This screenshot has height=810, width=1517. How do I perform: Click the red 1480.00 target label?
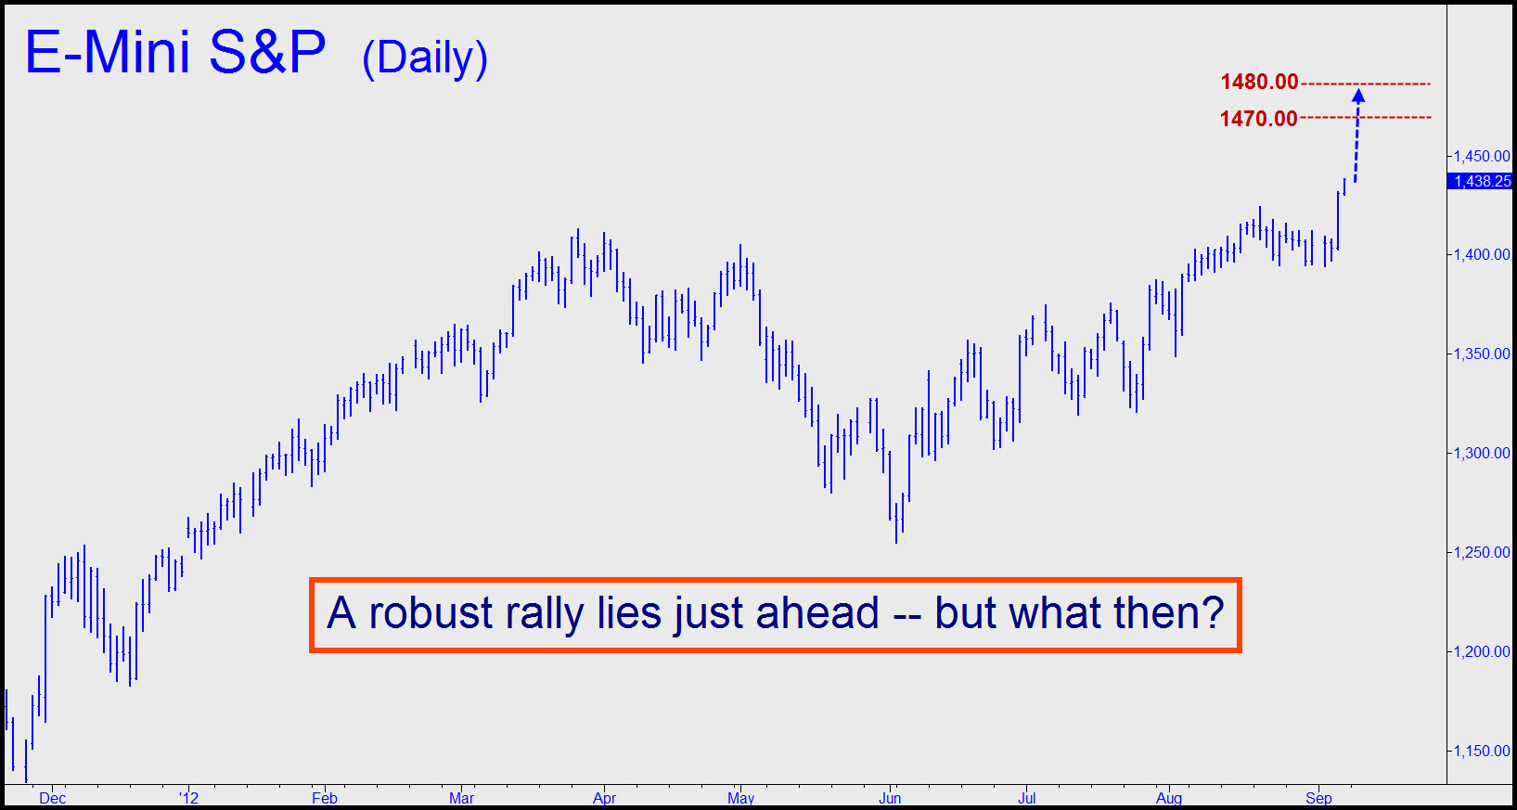1259,82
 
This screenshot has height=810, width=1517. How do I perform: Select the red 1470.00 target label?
1258,119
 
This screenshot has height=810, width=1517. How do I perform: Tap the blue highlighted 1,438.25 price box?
1482,181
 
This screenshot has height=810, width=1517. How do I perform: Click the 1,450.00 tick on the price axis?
1482,157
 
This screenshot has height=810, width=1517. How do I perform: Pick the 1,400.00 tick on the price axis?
1482,254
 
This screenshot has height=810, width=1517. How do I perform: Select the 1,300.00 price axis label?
1482,453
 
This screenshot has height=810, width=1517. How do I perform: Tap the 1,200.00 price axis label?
1482,651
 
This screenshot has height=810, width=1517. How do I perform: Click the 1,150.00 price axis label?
1482,751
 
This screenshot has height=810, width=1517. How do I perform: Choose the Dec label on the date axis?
52,799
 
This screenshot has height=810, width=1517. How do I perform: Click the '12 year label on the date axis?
189,799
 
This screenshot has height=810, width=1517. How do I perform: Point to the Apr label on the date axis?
604,799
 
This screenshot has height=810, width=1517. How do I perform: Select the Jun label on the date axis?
890,799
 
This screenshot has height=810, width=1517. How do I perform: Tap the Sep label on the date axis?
1318,799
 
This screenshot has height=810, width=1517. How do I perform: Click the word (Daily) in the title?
425,59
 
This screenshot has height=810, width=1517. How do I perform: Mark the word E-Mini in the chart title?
108,52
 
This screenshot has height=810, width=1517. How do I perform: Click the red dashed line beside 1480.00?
1366,84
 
